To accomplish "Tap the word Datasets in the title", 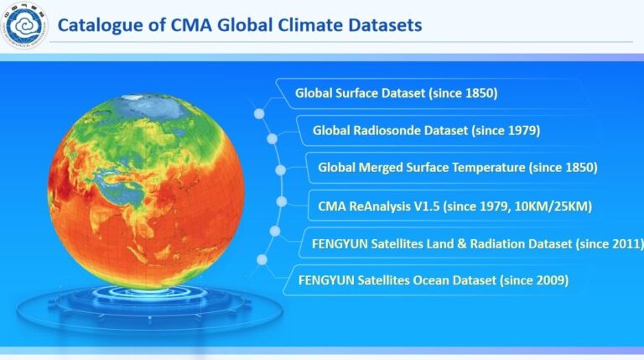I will [x=381, y=25].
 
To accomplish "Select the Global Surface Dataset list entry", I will [x=396, y=93].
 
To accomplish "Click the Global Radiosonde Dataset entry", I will [x=425, y=130].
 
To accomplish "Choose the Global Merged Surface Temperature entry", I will [x=457, y=167].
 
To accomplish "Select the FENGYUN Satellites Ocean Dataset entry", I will [x=427, y=280].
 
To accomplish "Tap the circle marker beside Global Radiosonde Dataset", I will [x=272, y=138].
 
